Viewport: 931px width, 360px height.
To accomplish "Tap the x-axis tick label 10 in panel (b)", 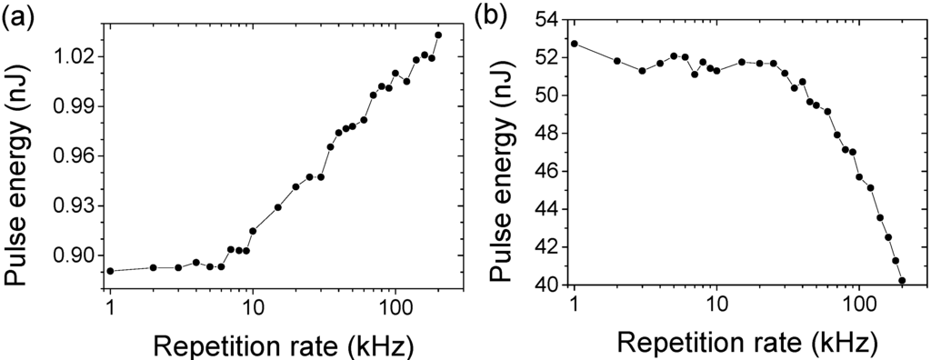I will (x=716, y=306).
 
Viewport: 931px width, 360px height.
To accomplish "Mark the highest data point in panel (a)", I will (x=438, y=35).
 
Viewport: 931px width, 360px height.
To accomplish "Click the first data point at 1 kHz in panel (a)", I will (x=110, y=271).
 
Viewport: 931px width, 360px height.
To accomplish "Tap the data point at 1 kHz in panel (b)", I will (x=574, y=44).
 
